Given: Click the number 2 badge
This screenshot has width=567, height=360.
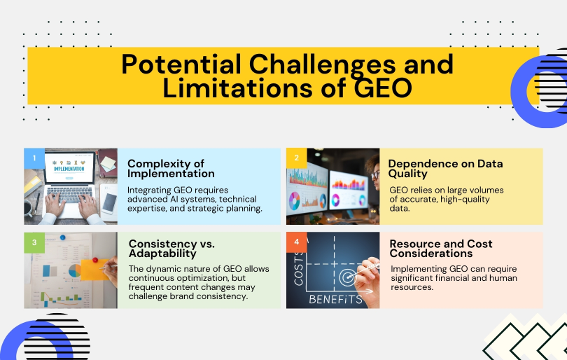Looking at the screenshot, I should pos(295,157).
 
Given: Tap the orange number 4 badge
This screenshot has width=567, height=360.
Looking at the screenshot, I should pos(295,241).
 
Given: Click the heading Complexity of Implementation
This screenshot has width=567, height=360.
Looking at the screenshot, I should pos(171,168).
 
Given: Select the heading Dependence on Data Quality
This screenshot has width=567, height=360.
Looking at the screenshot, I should pos(445,168).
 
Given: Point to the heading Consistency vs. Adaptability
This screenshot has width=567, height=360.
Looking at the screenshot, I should pos(171,249).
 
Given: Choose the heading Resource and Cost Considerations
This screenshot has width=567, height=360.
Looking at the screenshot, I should pos(441,249).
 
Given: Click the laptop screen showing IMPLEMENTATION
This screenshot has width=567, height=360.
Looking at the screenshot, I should pos(69,168).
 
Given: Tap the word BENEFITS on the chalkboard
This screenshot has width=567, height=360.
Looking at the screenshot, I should pos(335,299).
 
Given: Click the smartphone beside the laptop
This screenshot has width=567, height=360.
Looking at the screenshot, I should pos(108,202).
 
